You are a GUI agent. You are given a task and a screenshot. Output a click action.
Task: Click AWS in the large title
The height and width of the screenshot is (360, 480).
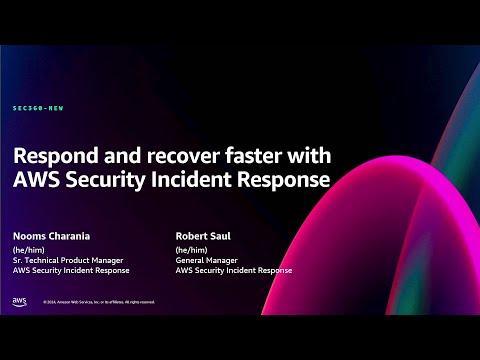tap(39, 182)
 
